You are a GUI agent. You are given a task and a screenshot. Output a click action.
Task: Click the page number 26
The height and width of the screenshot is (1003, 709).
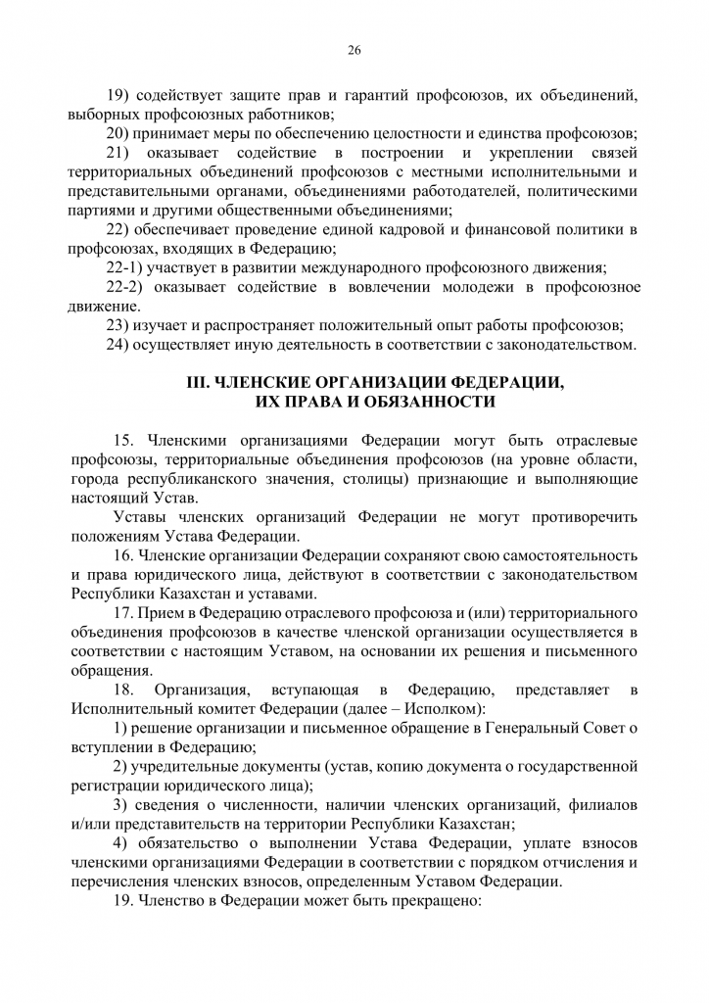click(x=354, y=49)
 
